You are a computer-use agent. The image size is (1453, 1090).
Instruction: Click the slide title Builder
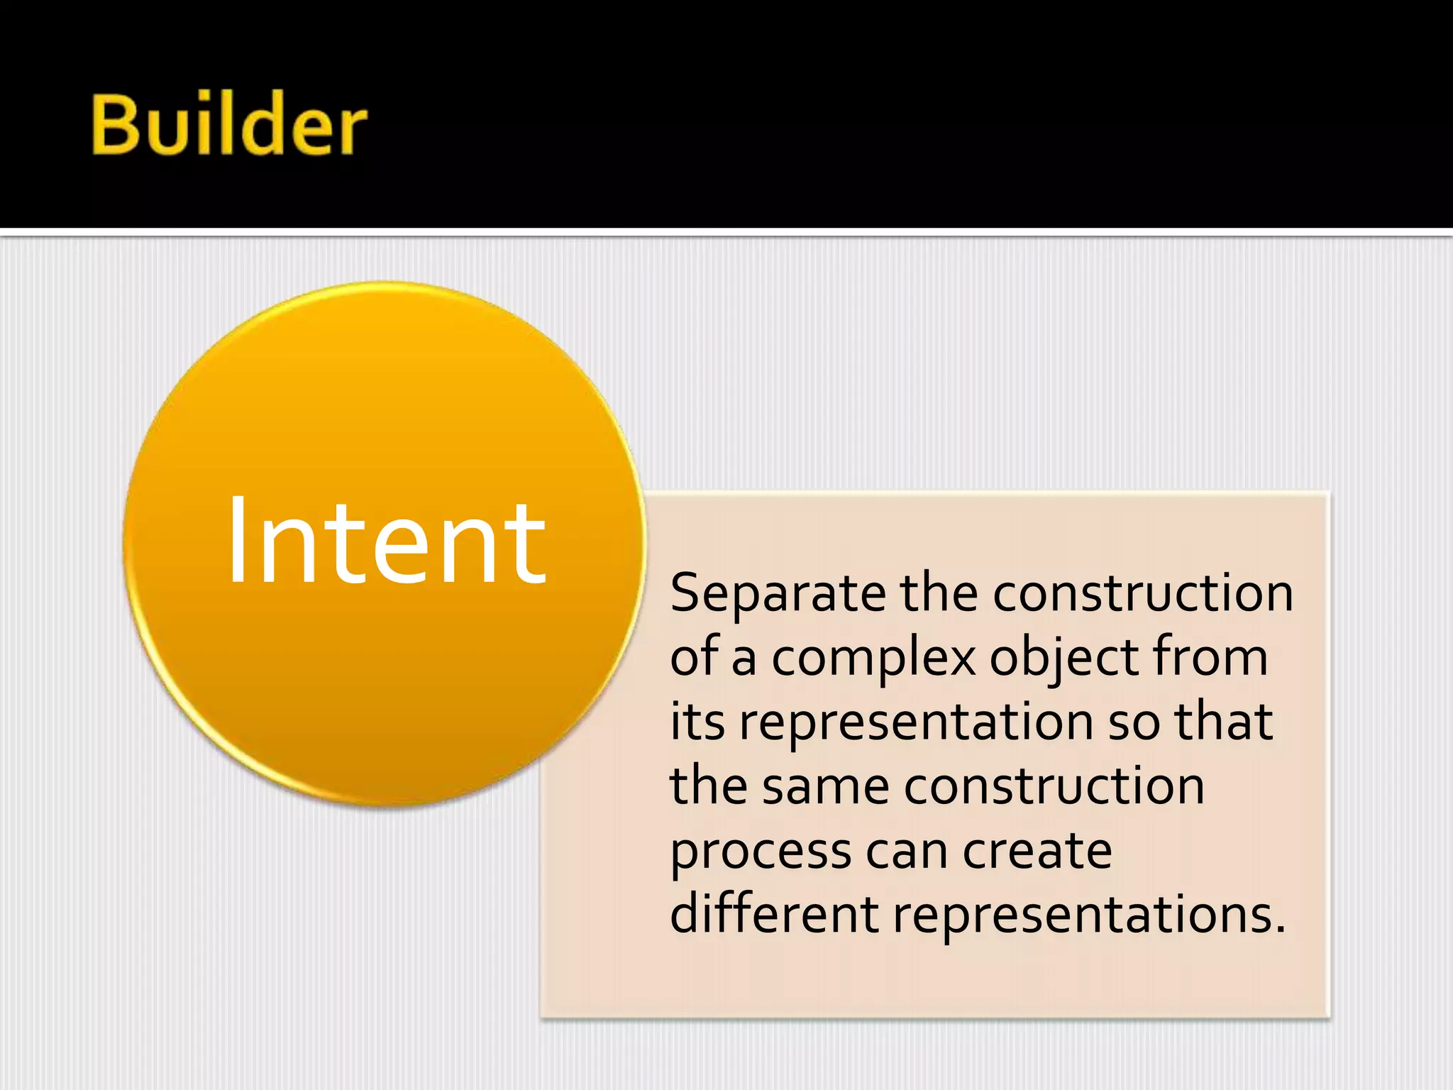tap(229, 125)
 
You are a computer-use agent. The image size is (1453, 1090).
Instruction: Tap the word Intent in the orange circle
tap(386, 543)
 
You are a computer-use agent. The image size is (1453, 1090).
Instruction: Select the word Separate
tap(778, 594)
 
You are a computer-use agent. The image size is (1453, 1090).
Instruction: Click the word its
tap(697, 721)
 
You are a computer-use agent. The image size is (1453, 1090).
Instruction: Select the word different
tap(774, 913)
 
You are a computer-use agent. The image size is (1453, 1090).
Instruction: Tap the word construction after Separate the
tap(1142, 593)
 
